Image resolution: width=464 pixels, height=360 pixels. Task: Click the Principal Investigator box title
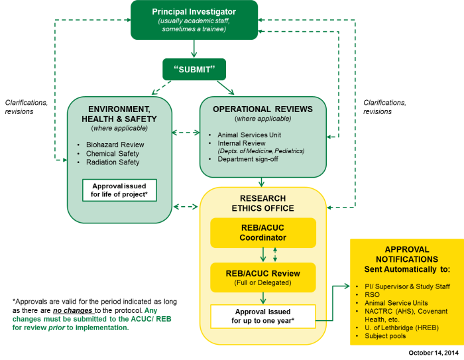(x=194, y=11)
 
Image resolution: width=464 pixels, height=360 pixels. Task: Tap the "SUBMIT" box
(x=194, y=68)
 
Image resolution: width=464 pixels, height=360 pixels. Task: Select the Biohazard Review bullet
(x=115, y=145)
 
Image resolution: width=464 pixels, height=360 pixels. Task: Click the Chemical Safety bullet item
(x=113, y=153)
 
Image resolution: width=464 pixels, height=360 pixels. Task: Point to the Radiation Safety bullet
(x=113, y=162)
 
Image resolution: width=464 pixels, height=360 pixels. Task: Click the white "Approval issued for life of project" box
(x=119, y=190)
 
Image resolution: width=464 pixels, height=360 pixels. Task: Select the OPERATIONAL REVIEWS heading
(x=263, y=109)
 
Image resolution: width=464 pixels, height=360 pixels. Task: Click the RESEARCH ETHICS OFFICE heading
(x=263, y=203)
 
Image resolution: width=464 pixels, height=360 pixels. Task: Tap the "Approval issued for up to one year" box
(x=262, y=316)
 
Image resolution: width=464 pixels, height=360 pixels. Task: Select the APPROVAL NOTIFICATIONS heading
(x=406, y=254)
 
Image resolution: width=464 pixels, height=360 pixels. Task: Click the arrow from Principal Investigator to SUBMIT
(x=194, y=48)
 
